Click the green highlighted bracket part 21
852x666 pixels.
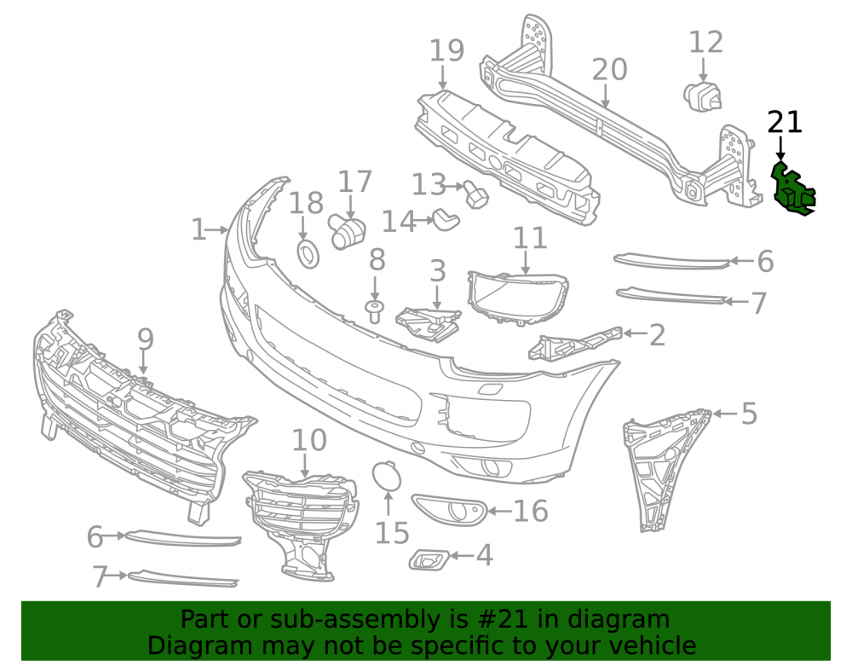tap(792, 189)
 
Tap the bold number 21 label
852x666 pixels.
tap(785, 122)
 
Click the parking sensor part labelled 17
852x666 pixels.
tap(346, 232)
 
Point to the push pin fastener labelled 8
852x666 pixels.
tap(374, 311)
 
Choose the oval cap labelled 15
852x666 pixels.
tap(386, 475)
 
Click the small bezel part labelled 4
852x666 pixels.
tap(429, 559)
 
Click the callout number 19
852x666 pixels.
tap(446, 50)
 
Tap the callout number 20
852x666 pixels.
tap(609, 70)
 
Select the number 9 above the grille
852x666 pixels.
tap(145, 339)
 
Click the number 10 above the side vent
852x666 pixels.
tap(309, 440)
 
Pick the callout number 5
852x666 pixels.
tap(749, 414)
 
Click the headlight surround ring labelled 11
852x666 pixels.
tap(518, 298)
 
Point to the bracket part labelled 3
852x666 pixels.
tap(429, 325)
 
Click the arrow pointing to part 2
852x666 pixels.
tap(634, 333)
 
